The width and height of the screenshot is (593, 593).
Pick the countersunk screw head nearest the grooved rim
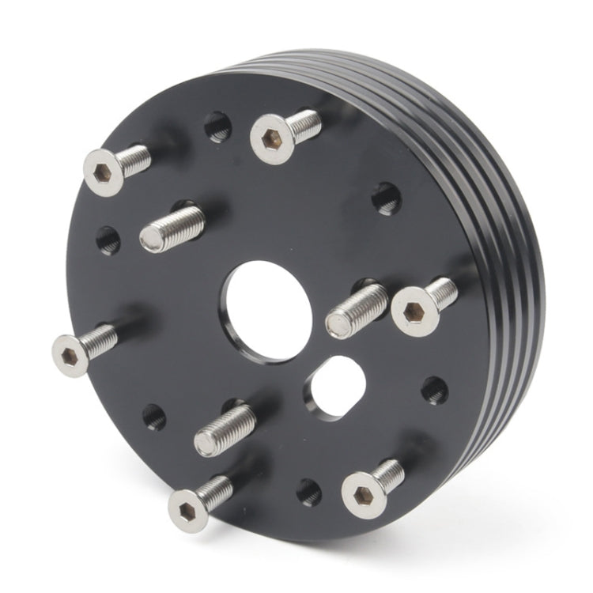tap(414, 312)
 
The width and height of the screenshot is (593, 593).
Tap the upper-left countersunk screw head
tap(104, 171)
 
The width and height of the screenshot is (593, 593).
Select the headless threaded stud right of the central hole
tap(357, 308)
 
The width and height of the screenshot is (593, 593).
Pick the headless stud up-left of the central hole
tap(172, 228)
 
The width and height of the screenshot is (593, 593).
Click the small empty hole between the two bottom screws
tap(309, 492)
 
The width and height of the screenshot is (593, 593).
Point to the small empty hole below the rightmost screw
tap(433, 389)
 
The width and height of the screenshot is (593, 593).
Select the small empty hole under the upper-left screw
tap(109, 239)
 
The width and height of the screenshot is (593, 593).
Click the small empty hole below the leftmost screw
tap(154, 417)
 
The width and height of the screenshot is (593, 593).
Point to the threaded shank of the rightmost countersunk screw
tap(443, 293)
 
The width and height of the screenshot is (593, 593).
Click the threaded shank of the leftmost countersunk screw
tap(103, 338)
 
